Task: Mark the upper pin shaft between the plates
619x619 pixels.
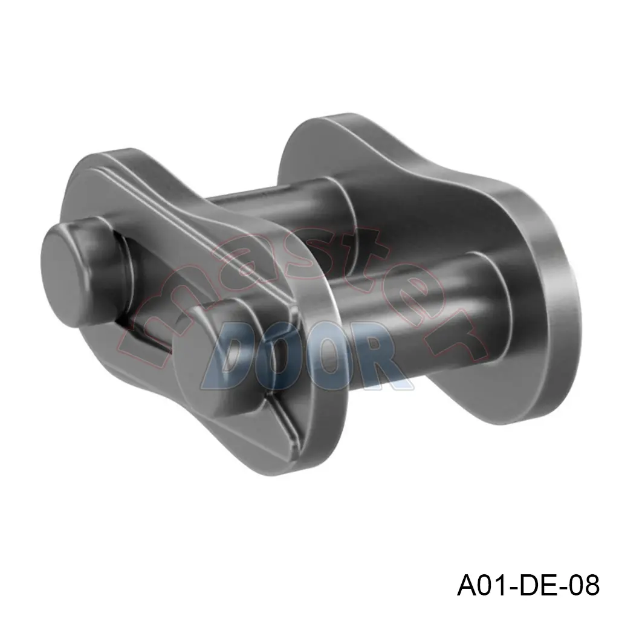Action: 278,206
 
